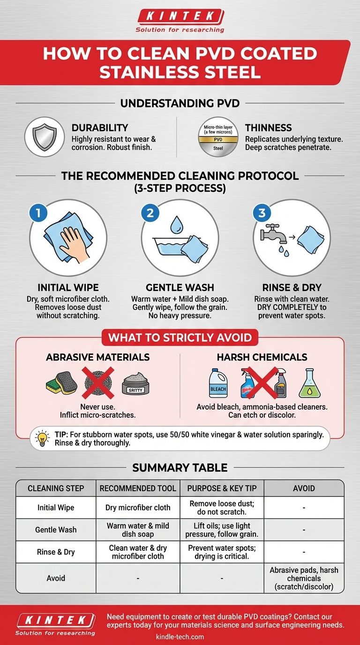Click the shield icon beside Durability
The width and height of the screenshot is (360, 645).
[x=45, y=137]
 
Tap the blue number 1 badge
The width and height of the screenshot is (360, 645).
[x=38, y=213]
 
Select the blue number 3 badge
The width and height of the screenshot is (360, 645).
[x=262, y=213]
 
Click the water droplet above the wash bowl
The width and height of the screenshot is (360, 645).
[x=176, y=225]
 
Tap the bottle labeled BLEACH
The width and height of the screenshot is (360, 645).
[x=217, y=383]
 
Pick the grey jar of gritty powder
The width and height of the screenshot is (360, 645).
[x=135, y=384]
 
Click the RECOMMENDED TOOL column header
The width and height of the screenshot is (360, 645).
[x=138, y=488]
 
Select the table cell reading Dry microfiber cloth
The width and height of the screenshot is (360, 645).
[x=138, y=507]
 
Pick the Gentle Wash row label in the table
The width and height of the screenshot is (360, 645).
[x=56, y=530]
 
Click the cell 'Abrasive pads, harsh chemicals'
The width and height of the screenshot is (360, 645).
[x=304, y=578]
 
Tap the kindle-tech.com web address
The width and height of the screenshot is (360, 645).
[x=180, y=637]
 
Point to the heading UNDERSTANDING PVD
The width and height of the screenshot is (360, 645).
[x=180, y=103]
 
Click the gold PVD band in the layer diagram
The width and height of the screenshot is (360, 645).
[x=218, y=139]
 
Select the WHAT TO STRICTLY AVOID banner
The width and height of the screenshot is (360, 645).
[x=180, y=337]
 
